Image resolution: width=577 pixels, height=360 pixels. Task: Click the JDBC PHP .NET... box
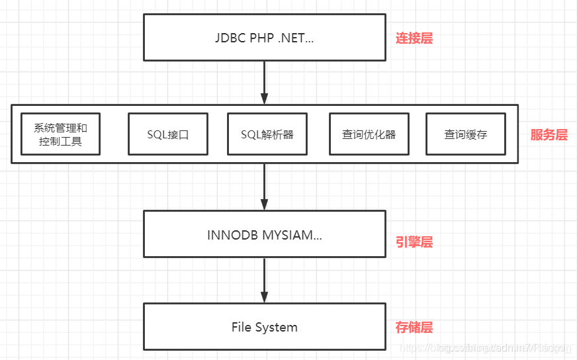[265, 37]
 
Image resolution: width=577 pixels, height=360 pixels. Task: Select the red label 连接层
[414, 38]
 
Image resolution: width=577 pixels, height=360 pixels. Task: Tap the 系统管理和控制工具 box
[60, 134]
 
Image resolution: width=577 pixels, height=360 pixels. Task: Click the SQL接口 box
[168, 134]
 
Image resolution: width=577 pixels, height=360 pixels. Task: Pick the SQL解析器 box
[267, 134]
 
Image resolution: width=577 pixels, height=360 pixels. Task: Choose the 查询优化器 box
[369, 134]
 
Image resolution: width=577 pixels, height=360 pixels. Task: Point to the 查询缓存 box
[466, 134]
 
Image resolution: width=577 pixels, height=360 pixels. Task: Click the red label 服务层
[549, 135]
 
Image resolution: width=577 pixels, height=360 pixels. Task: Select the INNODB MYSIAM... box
[265, 234]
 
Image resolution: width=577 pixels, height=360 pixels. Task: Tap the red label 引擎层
[414, 242]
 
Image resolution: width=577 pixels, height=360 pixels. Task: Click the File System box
[265, 327]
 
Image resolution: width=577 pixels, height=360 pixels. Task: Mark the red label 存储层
[414, 327]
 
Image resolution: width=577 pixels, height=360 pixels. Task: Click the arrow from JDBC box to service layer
[265, 83]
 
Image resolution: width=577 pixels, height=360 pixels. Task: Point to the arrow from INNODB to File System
[265, 280]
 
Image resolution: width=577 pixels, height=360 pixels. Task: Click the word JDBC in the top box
[230, 38]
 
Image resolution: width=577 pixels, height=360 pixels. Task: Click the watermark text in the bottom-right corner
[486, 347]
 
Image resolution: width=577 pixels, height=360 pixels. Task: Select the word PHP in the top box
[261, 38]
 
